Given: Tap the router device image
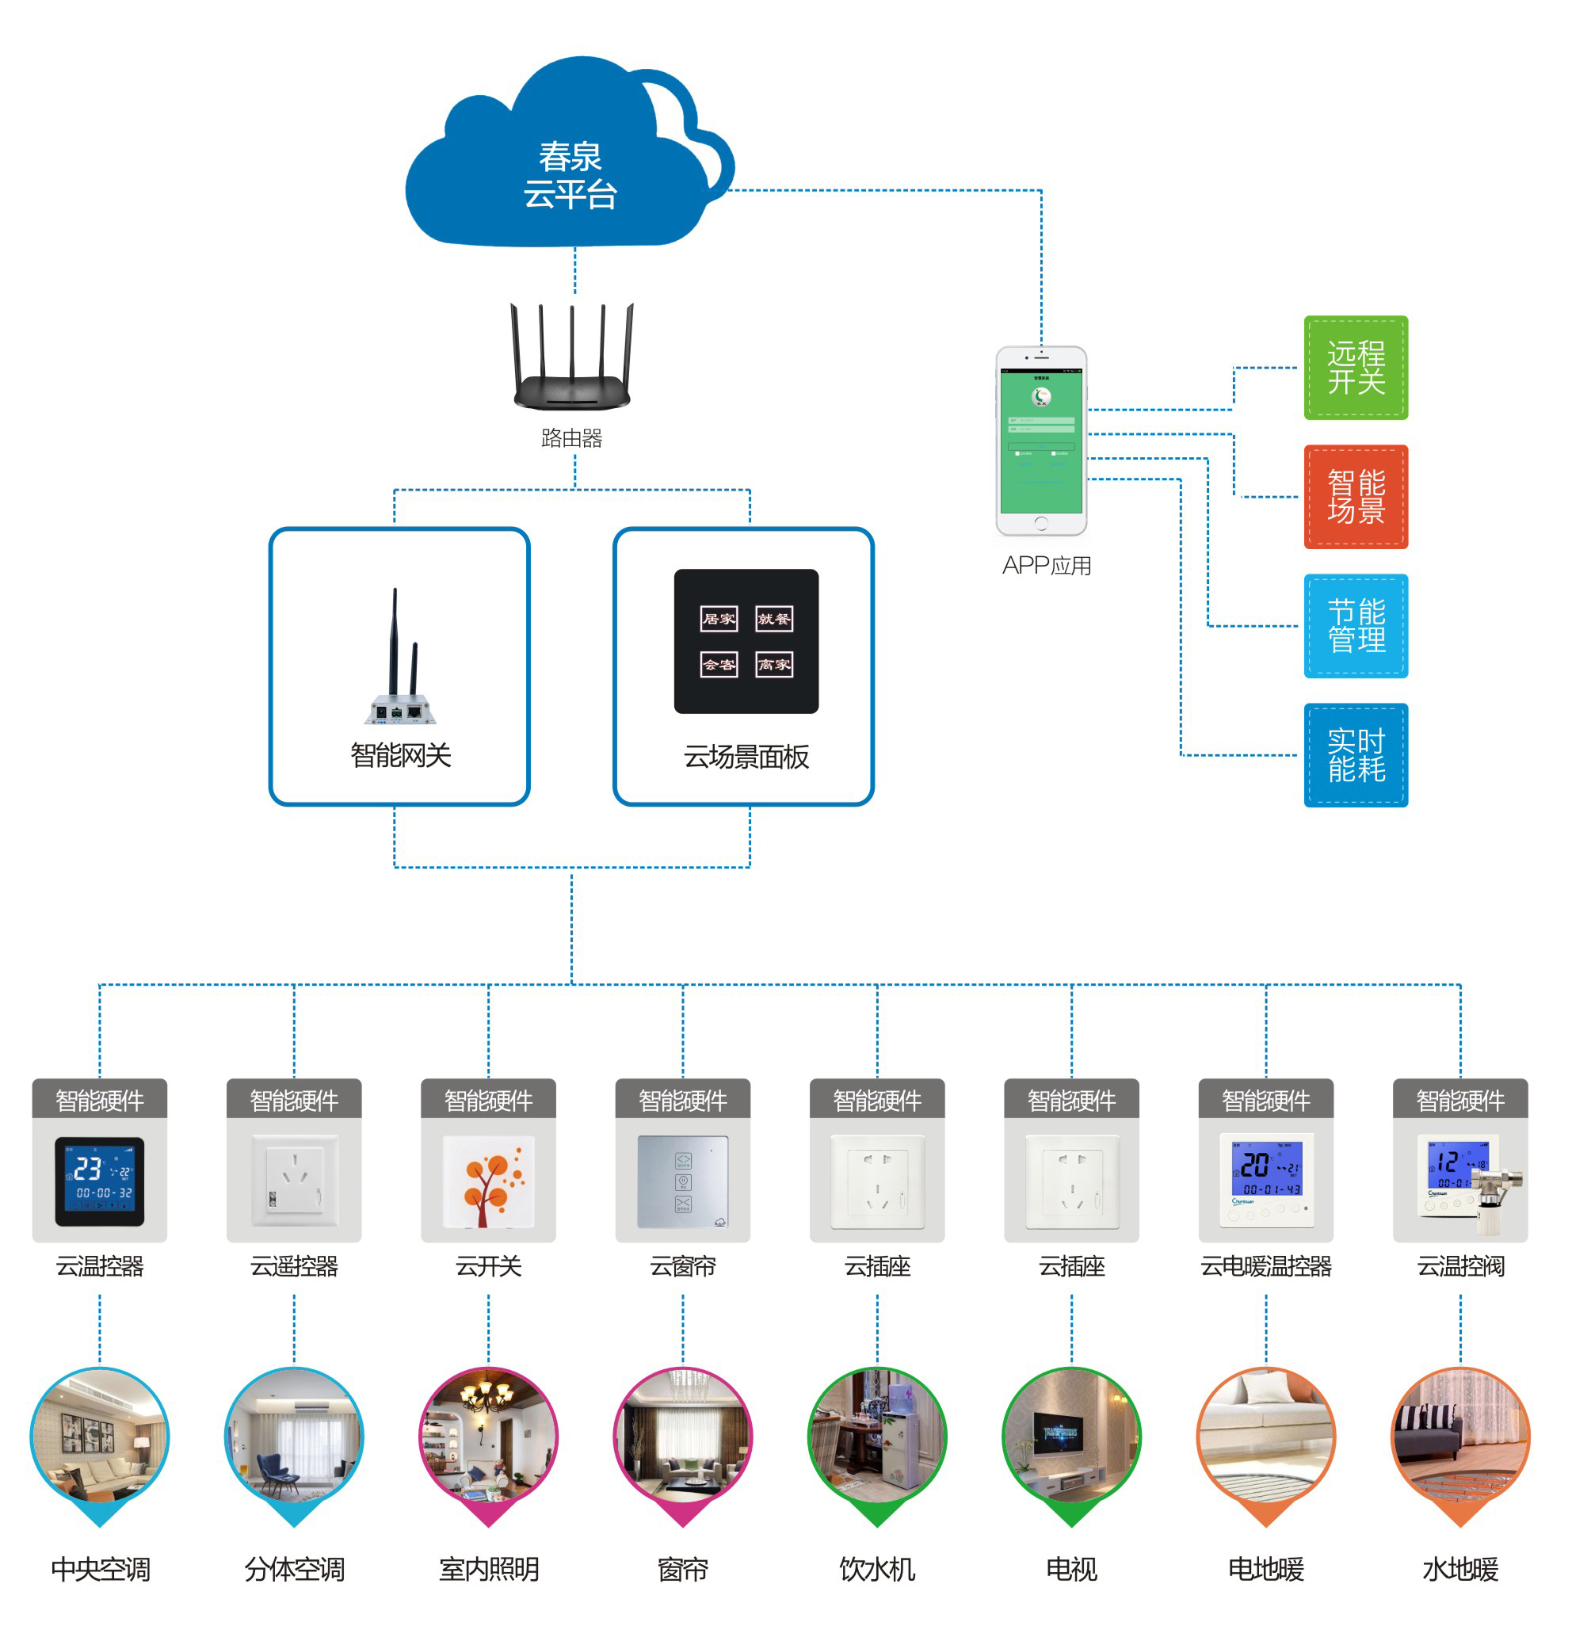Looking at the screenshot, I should pos(572,360).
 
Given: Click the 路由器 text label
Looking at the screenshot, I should pos(572,438).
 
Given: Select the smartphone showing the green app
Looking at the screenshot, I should pos(1040,441).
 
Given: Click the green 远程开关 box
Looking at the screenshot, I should pos(1355,368).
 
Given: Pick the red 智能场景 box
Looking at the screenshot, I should pos(1355,497).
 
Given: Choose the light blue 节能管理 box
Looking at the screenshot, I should pos(1355,625).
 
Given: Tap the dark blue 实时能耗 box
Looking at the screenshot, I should pos(1355,754).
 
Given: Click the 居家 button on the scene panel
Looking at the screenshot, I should pos(718,619).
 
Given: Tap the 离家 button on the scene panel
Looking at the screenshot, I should pos(773,665).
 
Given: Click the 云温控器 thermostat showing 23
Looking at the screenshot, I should pos(100,1181).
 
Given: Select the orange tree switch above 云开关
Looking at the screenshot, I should pos(488,1181).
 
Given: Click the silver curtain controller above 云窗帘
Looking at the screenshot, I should pos(682,1181).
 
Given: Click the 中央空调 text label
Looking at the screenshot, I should pos(101,1568).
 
